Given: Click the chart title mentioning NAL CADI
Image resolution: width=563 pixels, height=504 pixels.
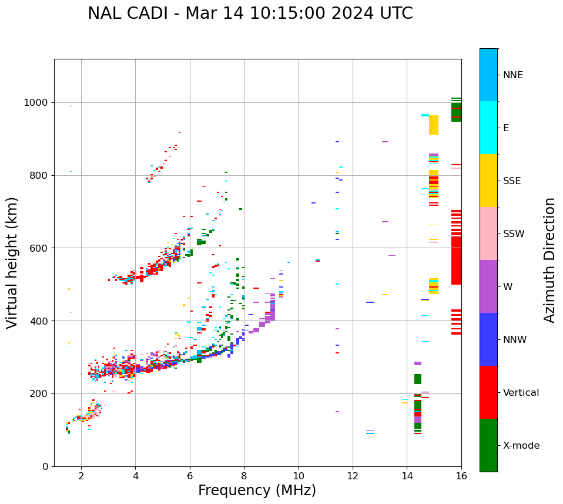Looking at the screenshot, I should pos(250,14).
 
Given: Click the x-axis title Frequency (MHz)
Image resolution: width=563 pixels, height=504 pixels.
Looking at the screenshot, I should pos(257,490).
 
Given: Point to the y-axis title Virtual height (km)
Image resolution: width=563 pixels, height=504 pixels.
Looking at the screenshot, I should pos(12,262).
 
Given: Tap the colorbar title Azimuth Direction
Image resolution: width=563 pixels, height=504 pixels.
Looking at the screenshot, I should pos(549,259).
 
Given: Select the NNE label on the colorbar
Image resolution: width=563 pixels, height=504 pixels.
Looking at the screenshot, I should pos(512,75).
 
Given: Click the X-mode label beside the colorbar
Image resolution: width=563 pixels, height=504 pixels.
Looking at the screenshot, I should pos(521,446).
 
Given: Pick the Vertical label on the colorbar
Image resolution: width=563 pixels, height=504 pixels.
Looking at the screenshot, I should pos(521,393).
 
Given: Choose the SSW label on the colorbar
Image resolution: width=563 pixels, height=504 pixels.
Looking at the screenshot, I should pos(514,234).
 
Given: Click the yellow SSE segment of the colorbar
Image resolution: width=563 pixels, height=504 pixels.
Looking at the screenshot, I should pos(488,181).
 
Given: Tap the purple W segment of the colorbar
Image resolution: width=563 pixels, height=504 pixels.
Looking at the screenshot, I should pos(488,286).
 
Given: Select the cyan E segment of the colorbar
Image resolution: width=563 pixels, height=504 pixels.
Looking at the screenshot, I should pos(488,128).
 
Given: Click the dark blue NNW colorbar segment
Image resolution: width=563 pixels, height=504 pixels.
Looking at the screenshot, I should pos(488,339).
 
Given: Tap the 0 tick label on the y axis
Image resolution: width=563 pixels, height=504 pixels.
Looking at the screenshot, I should pos(46,466).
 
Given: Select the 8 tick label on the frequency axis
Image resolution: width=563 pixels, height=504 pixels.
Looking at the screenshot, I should pos(244,476).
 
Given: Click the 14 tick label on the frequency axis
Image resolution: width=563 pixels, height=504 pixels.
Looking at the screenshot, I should pos(407,476).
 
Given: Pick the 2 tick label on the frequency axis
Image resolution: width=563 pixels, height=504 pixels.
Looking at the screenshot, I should pos(81,476).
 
